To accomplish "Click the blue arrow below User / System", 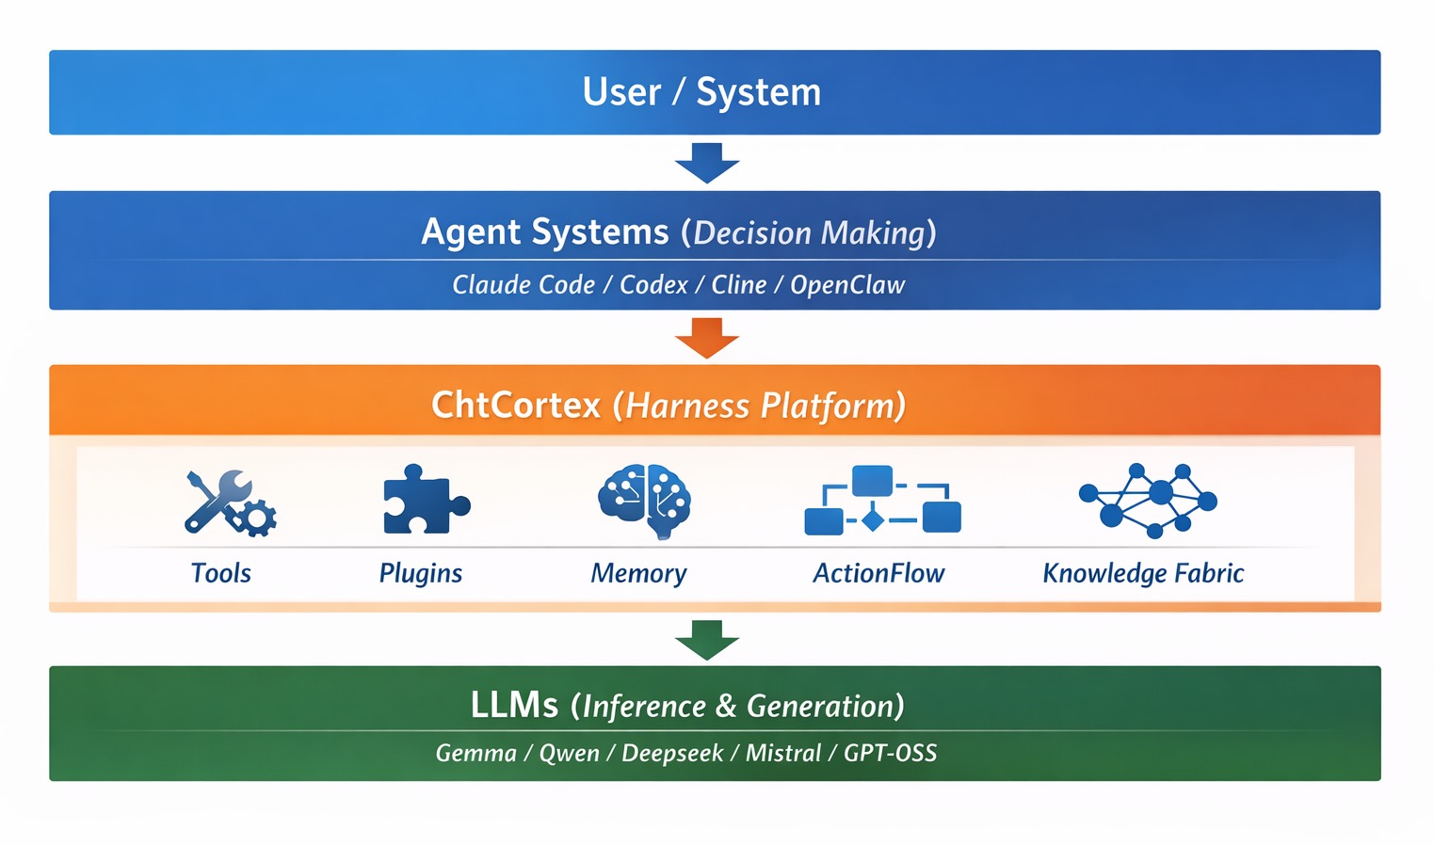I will (x=707, y=162).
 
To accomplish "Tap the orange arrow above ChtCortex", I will (x=707, y=337).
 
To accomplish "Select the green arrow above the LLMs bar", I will (x=707, y=639).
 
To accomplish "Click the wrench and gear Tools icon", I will (x=229, y=503).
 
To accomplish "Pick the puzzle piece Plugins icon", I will (x=425, y=500).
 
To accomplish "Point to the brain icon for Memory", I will (x=645, y=500).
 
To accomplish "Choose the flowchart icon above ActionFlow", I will (x=882, y=501).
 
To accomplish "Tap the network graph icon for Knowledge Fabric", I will (x=1147, y=499).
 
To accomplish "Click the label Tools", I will (x=221, y=573).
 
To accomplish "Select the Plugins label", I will (x=421, y=573).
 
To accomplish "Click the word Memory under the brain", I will (x=638, y=573).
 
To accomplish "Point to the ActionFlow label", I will (x=878, y=573).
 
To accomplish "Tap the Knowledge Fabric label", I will (x=1143, y=573).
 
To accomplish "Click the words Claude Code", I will (x=524, y=284).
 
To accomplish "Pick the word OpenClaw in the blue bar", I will (x=847, y=284).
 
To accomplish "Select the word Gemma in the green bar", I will (x=476, y=753).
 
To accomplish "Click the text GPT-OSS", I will (x=890, y=753).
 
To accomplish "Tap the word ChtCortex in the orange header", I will (x=516, y=405).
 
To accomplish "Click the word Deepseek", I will (x=672, y=753).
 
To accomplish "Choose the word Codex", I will (x=653, y=284).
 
